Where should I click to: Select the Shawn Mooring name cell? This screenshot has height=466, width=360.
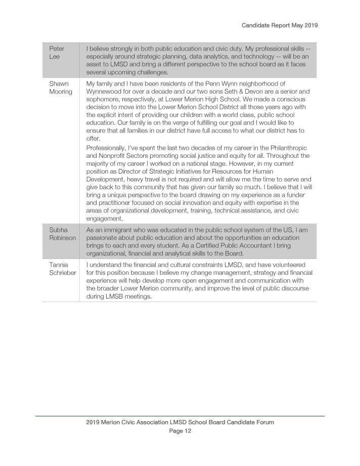click(61, 88)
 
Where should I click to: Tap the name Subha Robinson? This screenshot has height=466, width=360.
click(62, 233)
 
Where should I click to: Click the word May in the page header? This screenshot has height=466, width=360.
click(295, 25)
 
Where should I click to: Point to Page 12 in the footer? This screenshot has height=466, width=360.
click(180, 431)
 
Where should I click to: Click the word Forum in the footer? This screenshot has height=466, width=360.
click(263, 422)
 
